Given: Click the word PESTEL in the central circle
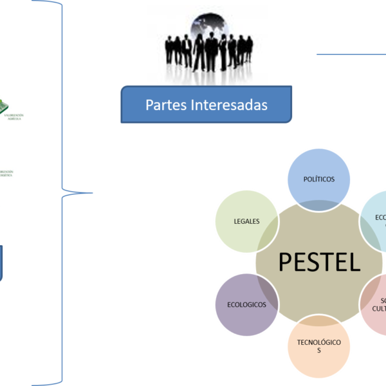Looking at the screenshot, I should coord(319,262).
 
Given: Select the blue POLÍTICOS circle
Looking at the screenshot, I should coord(318,178).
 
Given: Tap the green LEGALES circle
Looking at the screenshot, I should coord(247,221).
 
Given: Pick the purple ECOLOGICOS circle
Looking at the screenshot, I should coord(247,304).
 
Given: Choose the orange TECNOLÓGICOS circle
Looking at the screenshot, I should coord(318,346).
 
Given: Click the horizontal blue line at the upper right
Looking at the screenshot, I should coord(351,54).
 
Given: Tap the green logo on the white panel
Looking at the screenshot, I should coord(4,103).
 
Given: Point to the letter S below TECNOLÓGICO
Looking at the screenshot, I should coord(318,351).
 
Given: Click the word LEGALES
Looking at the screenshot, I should coord(247,221).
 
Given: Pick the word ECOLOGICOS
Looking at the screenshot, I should coord(247,305).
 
